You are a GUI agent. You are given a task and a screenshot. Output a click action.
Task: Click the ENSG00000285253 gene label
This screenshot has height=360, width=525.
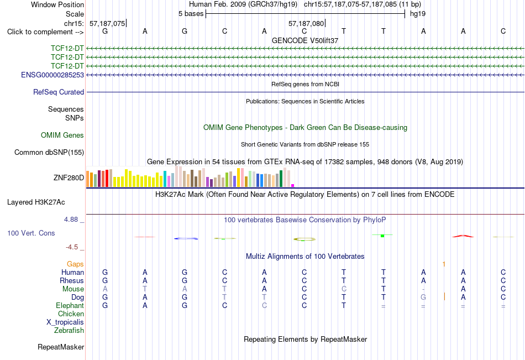(x=53, y=75)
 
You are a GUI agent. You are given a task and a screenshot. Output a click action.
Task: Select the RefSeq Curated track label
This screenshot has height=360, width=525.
(x=59, y=92)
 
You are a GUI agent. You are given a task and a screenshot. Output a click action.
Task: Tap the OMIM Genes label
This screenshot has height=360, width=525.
(x=62, y=135)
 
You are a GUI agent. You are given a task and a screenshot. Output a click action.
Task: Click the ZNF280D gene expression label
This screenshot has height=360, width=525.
(x=69, y=178)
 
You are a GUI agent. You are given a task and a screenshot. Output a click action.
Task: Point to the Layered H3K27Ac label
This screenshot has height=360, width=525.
(x=36, y=202)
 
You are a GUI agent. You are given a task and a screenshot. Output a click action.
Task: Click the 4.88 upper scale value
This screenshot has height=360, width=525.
(x=71, y=220)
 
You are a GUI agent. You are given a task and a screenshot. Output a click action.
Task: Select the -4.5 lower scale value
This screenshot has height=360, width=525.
(x=72, y=247)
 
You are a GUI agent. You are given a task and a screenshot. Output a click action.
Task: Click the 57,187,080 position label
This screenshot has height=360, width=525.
(x=306, y=23)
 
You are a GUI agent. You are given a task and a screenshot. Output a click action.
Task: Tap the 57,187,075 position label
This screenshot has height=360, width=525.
(x=107, y=23)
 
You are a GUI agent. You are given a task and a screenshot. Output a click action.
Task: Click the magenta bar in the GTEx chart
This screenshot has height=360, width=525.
(x=293, y=185)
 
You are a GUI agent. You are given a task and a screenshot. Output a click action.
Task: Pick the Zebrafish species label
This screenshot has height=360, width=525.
(x=69, y=331)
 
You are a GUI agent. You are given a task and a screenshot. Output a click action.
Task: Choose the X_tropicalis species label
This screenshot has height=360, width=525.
(x=65, y=322)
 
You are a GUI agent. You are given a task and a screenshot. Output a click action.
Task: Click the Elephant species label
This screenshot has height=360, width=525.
(x=70, y=306)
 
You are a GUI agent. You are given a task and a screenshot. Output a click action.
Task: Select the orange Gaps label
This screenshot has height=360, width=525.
(x=75, y=264)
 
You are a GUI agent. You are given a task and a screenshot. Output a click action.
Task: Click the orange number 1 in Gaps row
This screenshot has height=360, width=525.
(x=444, y=264)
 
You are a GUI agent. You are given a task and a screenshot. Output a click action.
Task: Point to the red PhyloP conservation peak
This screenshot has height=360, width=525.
(x=463, y=236)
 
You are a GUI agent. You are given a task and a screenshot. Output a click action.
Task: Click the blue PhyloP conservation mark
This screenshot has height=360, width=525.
(x=186, y=238)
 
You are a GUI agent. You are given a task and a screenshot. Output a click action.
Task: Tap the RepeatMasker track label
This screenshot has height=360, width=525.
(x=61, y=347)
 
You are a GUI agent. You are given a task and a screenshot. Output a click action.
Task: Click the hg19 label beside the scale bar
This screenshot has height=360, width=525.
(x=418, y=14)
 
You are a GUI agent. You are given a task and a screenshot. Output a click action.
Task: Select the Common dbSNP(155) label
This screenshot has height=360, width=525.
(x=49, y=152)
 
